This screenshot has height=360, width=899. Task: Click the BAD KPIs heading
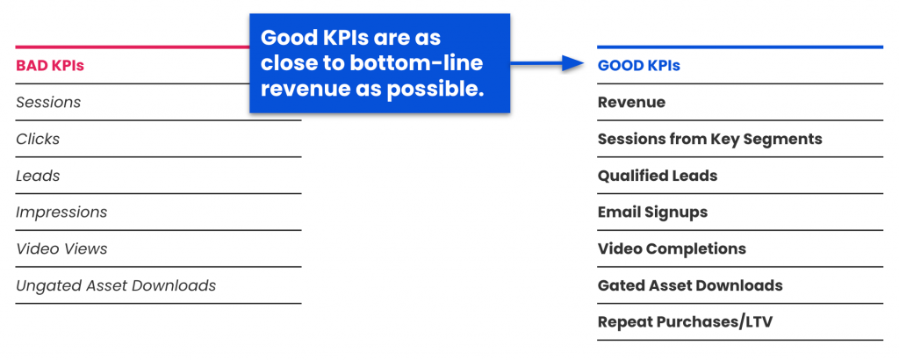point(50,65)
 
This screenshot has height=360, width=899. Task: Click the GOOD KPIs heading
point(638,65)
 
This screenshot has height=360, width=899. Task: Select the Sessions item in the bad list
point(48,102)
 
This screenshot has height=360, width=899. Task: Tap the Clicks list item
point(38,139)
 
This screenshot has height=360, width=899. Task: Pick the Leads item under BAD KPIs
point(38,176)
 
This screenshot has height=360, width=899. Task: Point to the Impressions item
point(61,212)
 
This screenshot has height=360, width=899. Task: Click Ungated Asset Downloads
point(116,285)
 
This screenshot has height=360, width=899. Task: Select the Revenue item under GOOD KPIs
point(631,102)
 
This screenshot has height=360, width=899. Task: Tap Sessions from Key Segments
point(709,139)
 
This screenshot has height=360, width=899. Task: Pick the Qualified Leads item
point(657,176)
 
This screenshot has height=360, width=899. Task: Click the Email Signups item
point(652,212)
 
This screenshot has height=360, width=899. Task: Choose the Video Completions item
point(672,249)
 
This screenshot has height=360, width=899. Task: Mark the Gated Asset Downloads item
point(690,285)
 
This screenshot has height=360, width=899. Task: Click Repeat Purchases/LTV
point(685,322)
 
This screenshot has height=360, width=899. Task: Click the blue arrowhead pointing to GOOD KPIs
point(575,63)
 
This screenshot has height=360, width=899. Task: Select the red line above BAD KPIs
point(132,47)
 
